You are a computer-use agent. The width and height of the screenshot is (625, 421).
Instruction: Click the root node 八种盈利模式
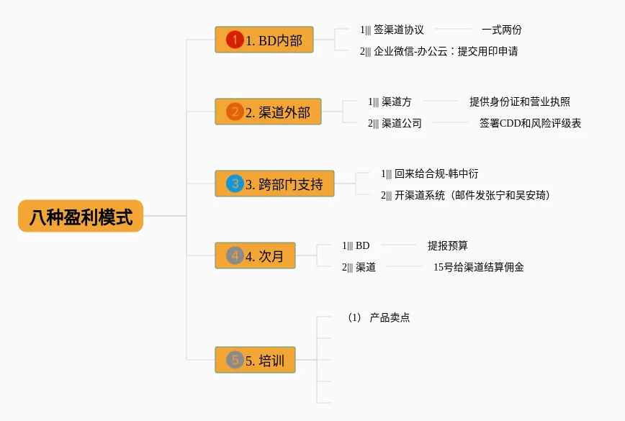(x=81, y=216)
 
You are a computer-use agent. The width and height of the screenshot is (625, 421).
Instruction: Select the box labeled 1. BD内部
(x=264, y=40)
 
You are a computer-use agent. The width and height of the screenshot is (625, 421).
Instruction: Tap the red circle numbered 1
(x=235, y=40)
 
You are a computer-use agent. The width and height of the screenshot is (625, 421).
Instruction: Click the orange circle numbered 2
(x=235, y=112)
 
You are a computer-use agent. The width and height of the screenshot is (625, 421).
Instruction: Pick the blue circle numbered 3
(x=235, y=184)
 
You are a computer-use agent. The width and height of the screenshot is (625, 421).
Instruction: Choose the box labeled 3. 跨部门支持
(x=274, y=184)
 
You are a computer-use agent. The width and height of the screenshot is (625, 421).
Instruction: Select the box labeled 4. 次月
(x=255, y=255)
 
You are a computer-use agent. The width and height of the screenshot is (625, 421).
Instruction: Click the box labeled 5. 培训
(x=255, y=360)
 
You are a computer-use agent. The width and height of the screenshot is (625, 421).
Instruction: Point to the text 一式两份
(x=501, y=30)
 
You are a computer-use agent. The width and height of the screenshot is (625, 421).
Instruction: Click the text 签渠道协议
(x=399, y=30)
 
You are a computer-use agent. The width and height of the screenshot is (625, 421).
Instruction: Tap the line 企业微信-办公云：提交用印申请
(x=446, y=51)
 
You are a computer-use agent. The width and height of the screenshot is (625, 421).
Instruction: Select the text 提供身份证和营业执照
(x=519, y=101)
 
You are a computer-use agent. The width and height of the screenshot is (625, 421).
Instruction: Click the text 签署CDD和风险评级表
(x=530, y=123)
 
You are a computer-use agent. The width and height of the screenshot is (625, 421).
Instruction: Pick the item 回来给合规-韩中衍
(x=436, y=173)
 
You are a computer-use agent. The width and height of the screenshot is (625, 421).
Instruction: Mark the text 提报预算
(x=448, y=245)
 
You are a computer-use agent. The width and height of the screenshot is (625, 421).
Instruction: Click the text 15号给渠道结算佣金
(x=478, y=267)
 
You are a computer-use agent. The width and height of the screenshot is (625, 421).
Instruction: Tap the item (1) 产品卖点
(x=379, y=317)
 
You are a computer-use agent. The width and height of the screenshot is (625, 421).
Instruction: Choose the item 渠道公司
(x=401, y=123)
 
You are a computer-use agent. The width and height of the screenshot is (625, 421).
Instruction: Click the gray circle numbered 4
(x=235, y=255)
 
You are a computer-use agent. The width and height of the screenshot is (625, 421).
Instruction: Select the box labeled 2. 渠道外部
(x=269, y=112)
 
